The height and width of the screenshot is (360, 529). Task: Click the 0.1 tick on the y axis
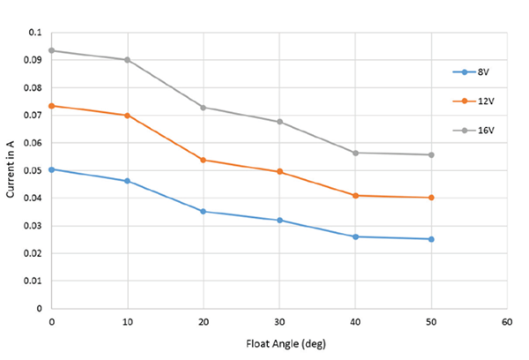point(35,32)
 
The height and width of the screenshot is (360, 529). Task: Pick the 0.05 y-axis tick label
point(33,170)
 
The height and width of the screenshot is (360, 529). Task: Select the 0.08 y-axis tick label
point(33,87)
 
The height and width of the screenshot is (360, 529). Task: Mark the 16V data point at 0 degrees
point(52,50)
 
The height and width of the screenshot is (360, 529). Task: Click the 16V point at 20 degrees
point(204,108)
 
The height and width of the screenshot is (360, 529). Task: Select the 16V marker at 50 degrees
point(431,154)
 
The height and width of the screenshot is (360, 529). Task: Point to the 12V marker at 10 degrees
point(128,115)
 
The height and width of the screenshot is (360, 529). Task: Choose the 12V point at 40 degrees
point(355,195)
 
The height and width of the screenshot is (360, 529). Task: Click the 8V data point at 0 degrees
point(52,169)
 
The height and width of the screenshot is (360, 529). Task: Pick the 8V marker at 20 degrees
point(204,211)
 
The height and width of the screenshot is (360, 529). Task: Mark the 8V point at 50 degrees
point(431,239)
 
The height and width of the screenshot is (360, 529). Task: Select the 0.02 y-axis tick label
point(33,253)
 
